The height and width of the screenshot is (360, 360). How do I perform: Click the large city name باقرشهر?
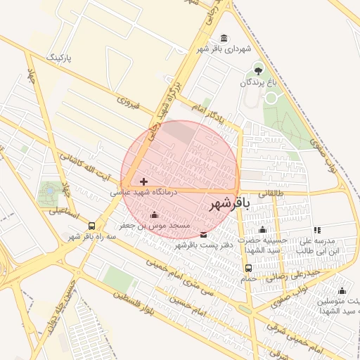click(x=229, y=204)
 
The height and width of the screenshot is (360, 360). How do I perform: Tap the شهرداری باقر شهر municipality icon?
click(x=224, y=38)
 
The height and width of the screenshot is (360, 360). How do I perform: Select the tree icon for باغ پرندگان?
click(x=257, y=70)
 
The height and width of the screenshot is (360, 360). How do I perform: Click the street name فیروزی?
click(x=129, y=105)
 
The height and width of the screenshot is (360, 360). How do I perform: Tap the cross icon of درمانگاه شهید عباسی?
click(x=144, y=181)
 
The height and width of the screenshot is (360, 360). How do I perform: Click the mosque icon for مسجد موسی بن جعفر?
click(x=155, y=214)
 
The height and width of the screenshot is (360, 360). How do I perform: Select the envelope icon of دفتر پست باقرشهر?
click(x=204, y=235)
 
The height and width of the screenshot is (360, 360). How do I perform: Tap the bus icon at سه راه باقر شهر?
click(x=92, y=226)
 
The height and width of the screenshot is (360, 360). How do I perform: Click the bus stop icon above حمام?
click(x=247, y=267)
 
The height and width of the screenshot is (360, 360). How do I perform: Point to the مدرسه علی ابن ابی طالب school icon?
click(x=317, y=230)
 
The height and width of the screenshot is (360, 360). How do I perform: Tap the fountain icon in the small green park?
click(x=50, y=189)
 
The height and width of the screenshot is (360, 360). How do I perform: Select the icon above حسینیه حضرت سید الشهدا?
click(x=262, y=230)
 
